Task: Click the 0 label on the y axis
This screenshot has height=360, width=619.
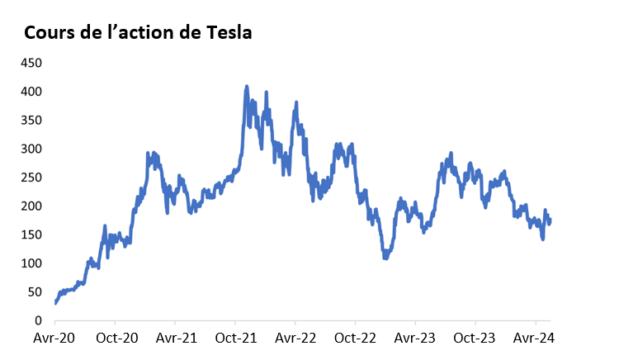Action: pos(37,320)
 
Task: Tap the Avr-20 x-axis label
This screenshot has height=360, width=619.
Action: pos(55,339)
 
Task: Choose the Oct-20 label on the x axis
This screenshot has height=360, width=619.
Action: pos(116,339)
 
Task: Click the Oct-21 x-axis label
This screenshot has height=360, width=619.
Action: pos(235,339)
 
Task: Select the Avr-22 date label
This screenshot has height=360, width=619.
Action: pos(295,339)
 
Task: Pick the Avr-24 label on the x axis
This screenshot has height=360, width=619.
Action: pos(536,339)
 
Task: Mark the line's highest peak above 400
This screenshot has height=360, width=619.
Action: pos(247,86)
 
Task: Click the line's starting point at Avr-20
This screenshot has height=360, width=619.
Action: pos(55,303)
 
